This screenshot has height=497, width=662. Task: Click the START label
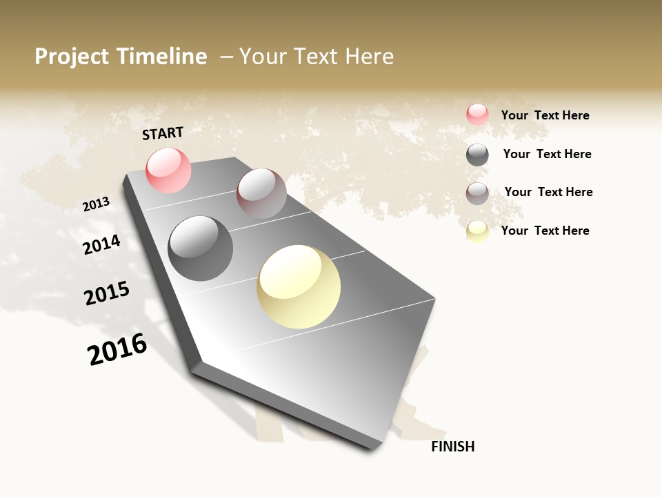163,133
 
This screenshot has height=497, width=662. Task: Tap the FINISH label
453,447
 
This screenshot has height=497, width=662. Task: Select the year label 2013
97,204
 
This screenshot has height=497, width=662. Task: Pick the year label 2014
102,244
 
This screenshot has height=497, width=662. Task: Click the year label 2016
117,349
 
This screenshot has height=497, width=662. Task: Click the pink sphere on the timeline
169,170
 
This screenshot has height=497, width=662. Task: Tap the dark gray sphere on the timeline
200,248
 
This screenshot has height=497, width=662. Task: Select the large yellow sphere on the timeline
299,286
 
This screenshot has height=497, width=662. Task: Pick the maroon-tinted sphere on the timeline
261,193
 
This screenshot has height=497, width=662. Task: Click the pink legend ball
477,115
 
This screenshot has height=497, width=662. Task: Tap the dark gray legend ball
477,155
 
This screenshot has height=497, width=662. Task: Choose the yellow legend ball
477,231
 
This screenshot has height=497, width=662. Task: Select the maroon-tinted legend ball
477,193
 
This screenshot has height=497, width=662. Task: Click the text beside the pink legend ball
545,115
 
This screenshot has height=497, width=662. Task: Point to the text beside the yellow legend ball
545,231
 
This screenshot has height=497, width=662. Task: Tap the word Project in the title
72,57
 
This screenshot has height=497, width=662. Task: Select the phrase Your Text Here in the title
317,57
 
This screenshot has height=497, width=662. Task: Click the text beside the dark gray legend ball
547,154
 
